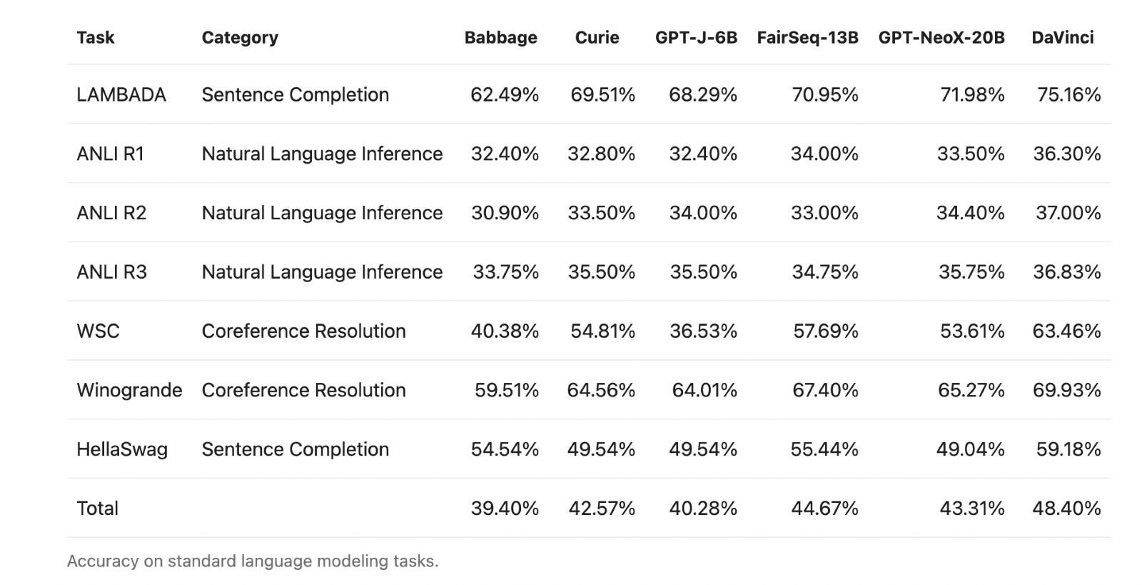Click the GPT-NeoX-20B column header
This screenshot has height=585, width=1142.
941,38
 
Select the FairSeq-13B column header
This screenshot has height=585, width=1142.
807,38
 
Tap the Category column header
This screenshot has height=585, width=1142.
240,38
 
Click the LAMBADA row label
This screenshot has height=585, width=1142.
121,95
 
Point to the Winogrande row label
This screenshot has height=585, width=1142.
129,390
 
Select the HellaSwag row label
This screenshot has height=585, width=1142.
122,449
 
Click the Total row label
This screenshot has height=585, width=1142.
97,509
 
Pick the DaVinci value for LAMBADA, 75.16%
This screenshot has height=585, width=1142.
1068,95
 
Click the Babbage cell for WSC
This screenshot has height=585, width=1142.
505,331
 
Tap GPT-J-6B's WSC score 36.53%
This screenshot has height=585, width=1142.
702,331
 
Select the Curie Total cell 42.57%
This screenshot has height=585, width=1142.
602,509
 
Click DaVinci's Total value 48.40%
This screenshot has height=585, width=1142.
1066,509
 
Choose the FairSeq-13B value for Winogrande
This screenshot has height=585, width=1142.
825,390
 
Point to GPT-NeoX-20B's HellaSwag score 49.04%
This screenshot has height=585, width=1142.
970,449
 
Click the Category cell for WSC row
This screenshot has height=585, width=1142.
303,331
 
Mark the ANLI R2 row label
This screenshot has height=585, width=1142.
111,213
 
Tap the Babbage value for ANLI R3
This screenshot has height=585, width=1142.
505,272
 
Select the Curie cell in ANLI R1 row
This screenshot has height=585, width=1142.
601,154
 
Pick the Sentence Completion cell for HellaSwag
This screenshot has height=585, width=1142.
295,449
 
